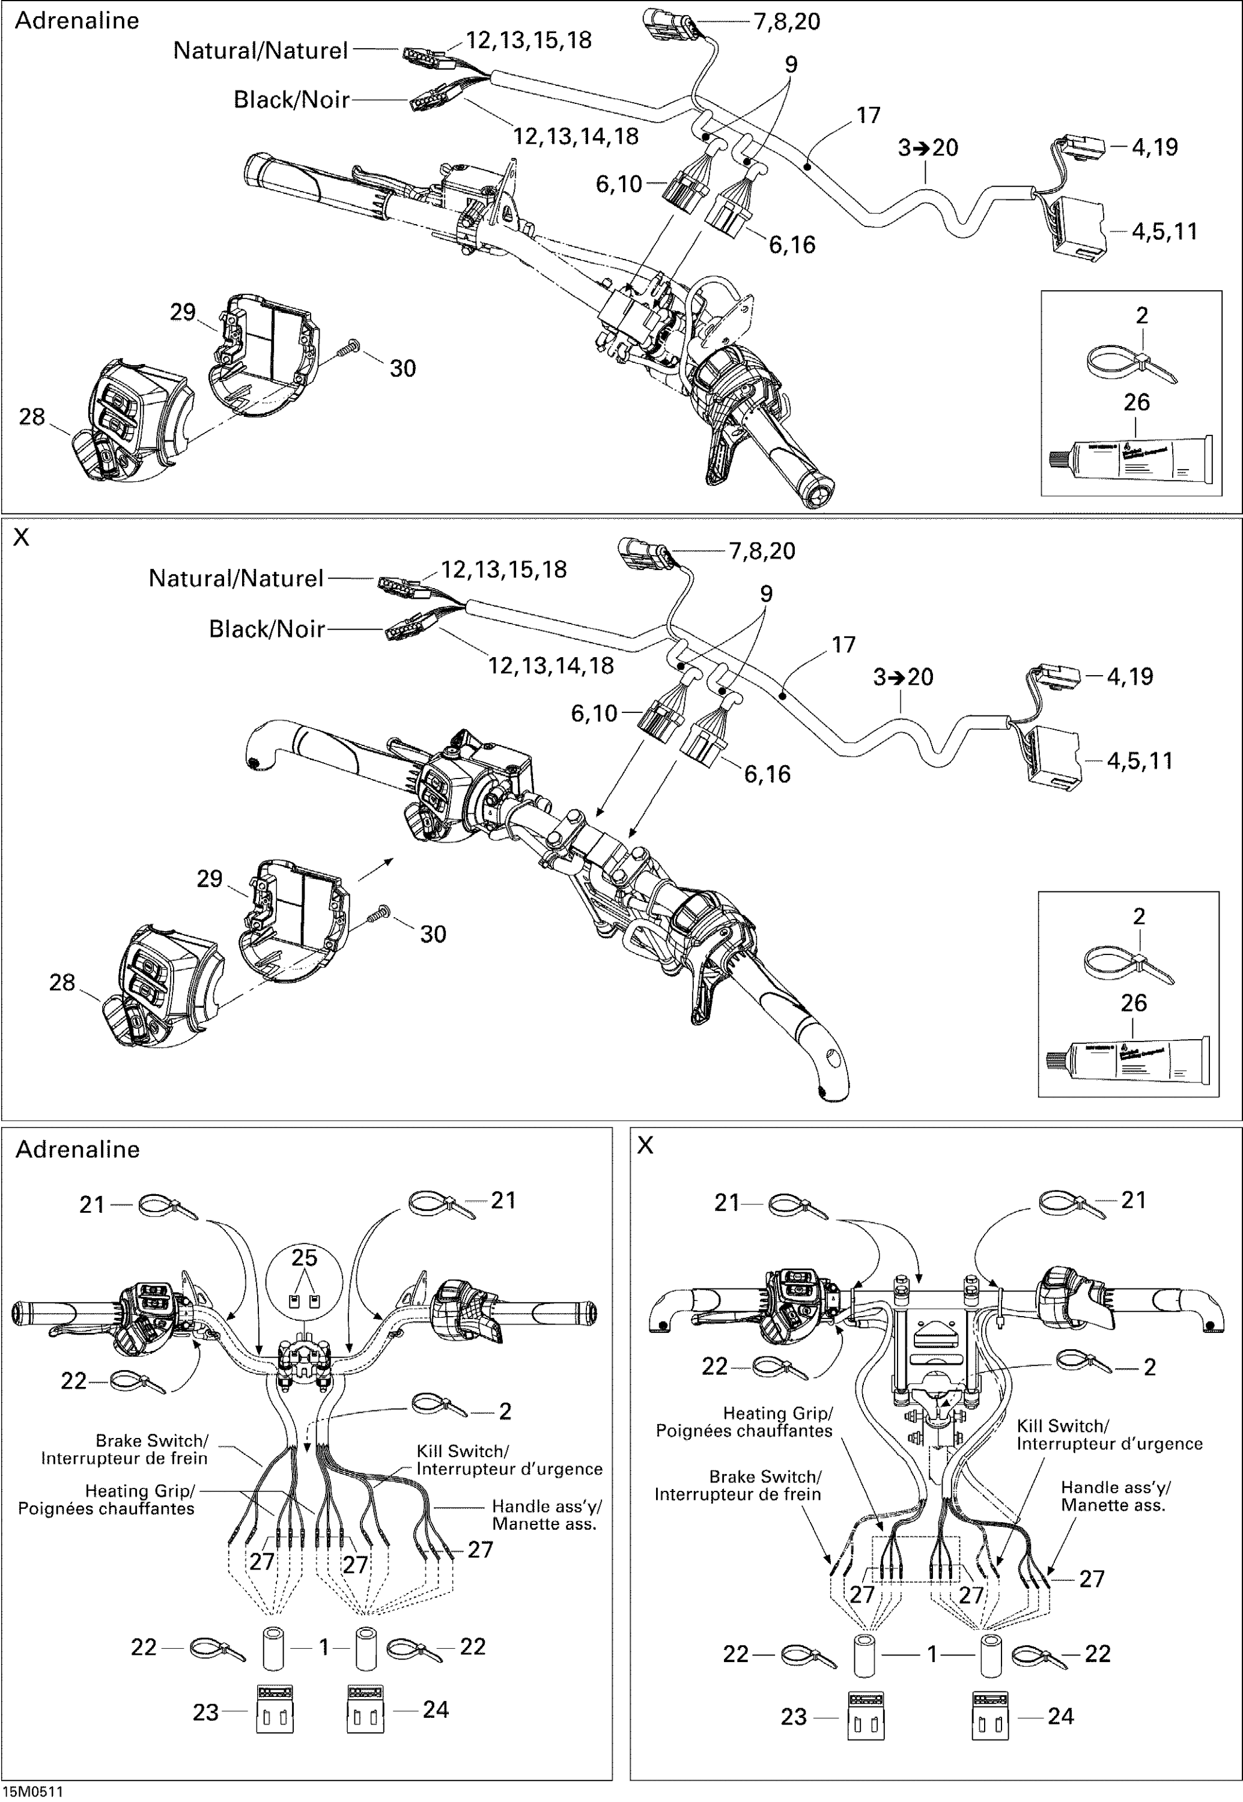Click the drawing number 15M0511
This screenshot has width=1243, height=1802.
[32, 1791]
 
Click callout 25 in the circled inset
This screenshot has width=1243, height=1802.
[305, 1258]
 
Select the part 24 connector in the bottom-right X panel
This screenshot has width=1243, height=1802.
[990, 1716]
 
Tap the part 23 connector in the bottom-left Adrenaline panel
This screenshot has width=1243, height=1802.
[275, 1709]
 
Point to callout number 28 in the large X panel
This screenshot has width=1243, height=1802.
[62, 982]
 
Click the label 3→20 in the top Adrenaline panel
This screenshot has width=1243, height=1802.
[928, 147]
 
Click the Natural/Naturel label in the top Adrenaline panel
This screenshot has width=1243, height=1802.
[260, 50]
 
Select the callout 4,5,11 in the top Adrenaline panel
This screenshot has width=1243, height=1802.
[1164, 231]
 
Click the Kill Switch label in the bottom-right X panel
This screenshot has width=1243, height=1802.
[1062, 1426]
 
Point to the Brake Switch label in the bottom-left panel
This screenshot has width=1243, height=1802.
[152, 1440]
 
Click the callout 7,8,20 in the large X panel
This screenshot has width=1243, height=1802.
[762, 551]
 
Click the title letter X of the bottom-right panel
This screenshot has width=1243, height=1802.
[645, 1145]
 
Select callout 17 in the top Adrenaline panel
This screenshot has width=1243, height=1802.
[868, 115]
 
